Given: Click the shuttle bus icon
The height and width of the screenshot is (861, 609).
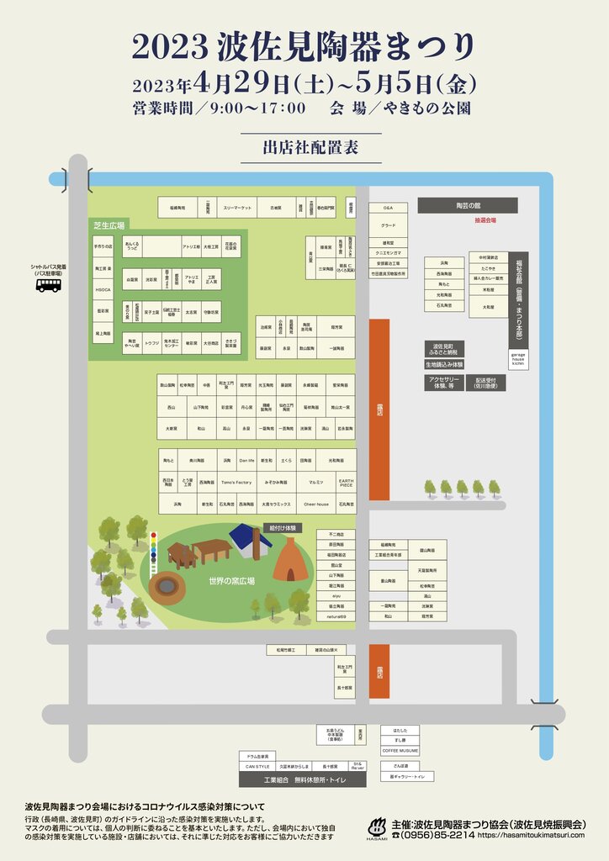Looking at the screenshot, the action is click(49, 285).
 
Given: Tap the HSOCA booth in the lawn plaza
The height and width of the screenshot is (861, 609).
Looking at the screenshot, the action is click(104, 289).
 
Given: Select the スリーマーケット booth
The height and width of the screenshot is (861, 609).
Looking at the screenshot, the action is click(237, 207).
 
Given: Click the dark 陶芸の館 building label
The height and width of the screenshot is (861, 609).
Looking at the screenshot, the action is click(467, 205).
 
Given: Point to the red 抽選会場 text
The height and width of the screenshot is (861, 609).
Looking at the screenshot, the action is click(485, 219).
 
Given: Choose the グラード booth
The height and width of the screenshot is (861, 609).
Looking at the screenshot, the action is click(388, 225).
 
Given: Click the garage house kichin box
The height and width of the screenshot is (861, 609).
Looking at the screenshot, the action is click(519, 358).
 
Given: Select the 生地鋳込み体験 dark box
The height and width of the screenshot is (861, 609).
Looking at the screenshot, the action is click(444, 365).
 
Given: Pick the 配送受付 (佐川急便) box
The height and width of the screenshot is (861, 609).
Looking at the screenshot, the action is click(485, 382).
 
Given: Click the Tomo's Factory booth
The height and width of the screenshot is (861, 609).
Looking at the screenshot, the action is click(236, 483).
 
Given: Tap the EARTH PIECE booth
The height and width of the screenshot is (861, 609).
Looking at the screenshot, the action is click(346, 483).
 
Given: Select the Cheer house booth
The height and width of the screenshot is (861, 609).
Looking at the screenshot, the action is click(316, 504).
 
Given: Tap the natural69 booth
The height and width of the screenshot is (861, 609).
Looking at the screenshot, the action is click(336, 616).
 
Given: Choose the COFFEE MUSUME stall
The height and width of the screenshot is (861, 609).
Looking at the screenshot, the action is click(400, 750).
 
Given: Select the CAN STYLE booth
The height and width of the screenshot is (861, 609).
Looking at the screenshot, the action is click(257, 767).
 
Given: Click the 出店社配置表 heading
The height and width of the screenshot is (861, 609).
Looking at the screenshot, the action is click(310, 148).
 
